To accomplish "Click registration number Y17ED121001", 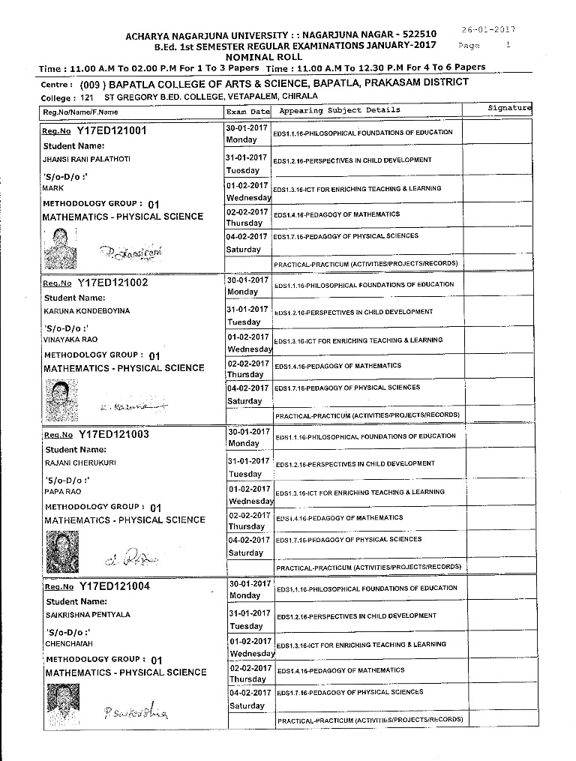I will pos(112,130).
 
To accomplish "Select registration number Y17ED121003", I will pos(113,434).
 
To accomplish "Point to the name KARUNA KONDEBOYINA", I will pos(87,310).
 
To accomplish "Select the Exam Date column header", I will pos(247,111).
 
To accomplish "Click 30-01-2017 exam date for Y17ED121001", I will pos(247,128).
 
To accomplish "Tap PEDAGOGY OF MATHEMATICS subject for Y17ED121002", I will pos(337,366).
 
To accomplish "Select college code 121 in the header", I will pos(87,97).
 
